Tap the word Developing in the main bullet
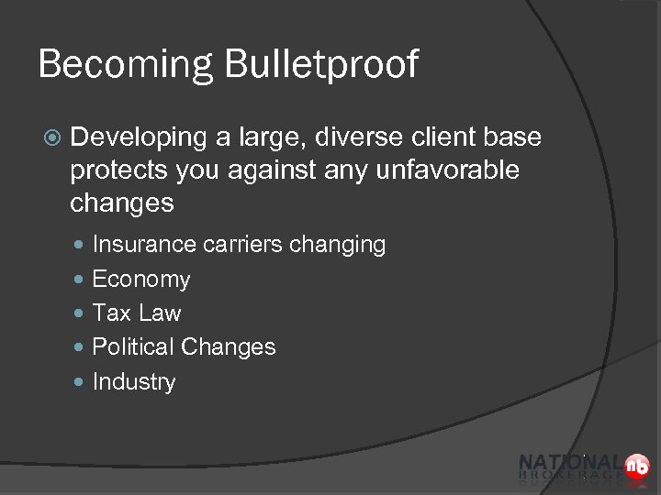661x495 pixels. [139, 137]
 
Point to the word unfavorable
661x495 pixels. [449, 170]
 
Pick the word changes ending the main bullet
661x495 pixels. [121, 203]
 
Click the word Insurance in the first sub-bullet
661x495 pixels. [144, 245]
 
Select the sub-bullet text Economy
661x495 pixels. [141, 280]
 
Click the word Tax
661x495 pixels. [112, 313]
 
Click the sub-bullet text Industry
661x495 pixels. [134, 382]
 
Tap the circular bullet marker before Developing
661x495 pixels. [52, 138]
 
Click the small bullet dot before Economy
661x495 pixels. [81, 279]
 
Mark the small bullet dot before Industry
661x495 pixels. [81, 381]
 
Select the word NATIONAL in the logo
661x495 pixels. [569, 463]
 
